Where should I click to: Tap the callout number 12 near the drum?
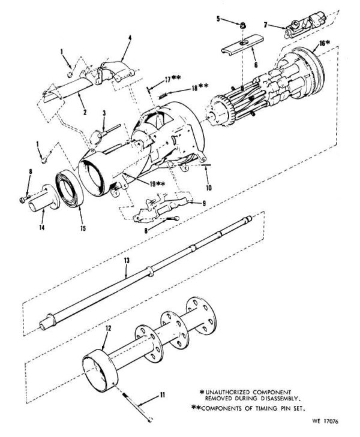pos(108,329)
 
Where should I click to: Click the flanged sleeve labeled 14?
pos(39,198)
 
